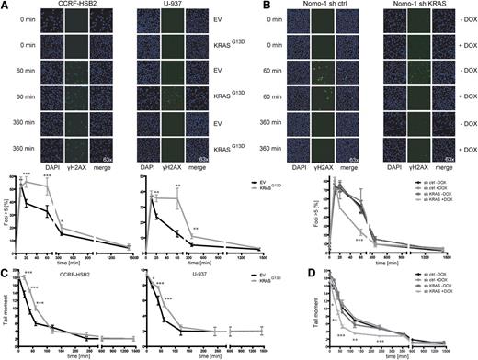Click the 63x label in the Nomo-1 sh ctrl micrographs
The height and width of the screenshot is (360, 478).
pyautogui.click(x=333, y=161)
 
